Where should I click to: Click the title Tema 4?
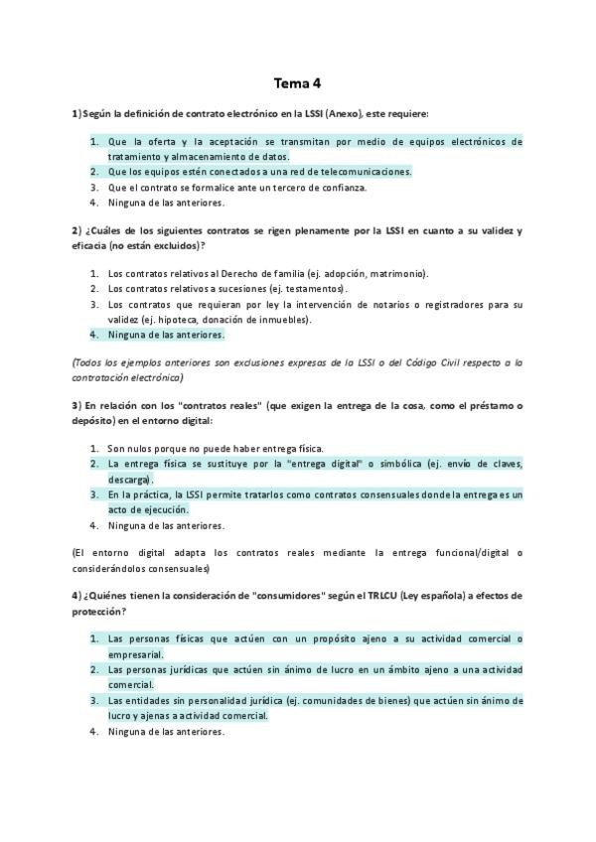298,83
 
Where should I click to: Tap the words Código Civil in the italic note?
434,363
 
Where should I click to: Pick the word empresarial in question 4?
136,655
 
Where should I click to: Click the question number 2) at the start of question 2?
75,231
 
